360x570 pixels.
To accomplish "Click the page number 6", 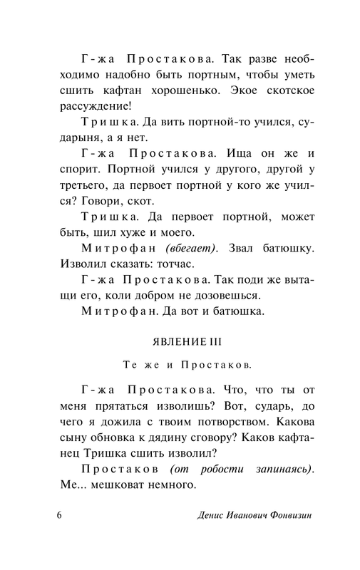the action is point(59,514).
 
